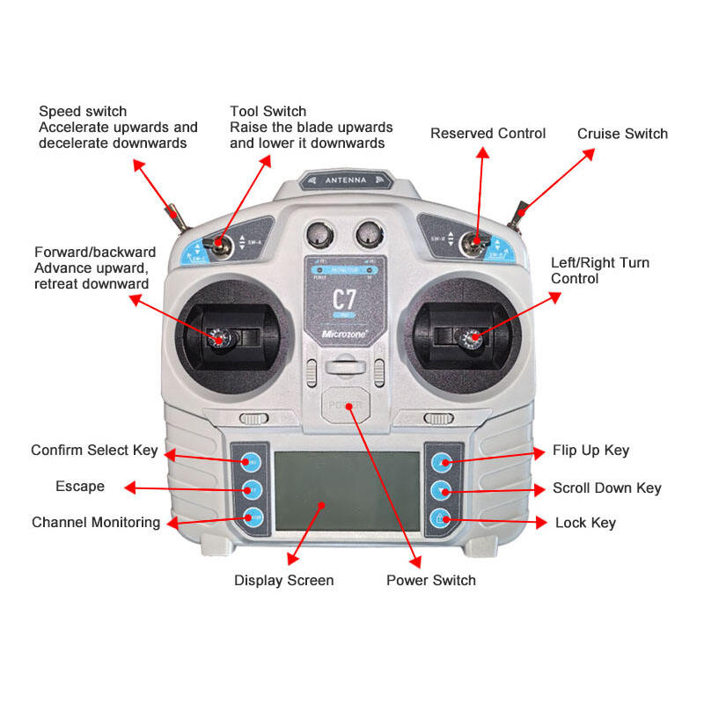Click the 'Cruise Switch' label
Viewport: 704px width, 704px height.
click(622, 134)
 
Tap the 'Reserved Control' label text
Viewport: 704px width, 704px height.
click(488, 133)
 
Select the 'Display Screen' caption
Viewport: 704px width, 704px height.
click(283, 580)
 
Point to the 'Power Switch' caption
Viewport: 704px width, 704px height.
click(430, 580)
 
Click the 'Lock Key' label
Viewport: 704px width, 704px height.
click(585, 523)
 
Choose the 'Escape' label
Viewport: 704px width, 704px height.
click(79, 486)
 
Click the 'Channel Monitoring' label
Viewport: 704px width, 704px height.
click(96, 522)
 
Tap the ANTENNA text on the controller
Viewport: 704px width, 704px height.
click(343, 180)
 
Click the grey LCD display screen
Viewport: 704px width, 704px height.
click(348, 491)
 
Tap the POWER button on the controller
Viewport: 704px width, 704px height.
click(343, 406)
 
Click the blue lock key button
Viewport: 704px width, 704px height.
click(442, 518)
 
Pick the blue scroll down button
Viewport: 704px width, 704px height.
click(442, 488)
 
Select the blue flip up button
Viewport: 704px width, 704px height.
click(442, 459)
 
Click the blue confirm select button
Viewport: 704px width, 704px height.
click(252, 459)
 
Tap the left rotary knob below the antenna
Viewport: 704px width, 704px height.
click(320, 234)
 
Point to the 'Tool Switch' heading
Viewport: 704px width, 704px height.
click(268, 112)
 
